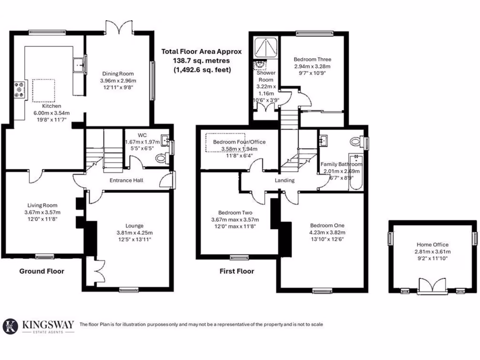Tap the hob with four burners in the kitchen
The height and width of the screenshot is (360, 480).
pos(21,90)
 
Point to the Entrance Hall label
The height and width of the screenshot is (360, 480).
pos(126,180)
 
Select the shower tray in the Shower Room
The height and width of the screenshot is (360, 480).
pos(266,47)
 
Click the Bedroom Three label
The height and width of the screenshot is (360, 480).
pos(312,60)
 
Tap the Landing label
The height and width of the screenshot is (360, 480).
pos(285,180)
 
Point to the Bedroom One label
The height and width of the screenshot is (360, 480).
pos(327,225)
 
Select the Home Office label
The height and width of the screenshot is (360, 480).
pos(432,244)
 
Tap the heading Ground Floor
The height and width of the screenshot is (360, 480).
pos(42,271)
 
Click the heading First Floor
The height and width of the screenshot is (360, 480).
pos(237,271)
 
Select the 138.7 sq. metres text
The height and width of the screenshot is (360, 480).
pos(201,61)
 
